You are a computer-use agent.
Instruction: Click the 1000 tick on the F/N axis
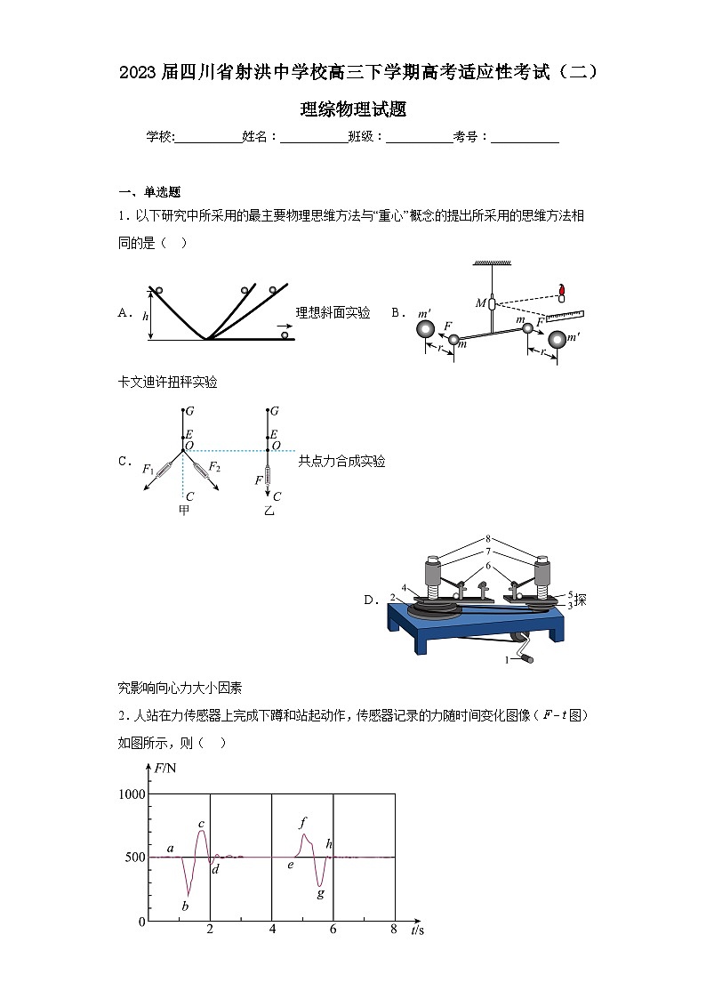pyautogui.click(x=132, y=794)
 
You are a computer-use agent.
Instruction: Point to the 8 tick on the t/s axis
pyautogui.click(x=393, y=930)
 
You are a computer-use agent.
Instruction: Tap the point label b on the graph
pyautogui.click(x=186, y=906)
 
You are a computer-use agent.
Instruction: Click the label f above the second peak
pyautogui.click(x=303, y=822)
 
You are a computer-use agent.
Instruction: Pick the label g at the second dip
pyautogui.click(x=321, y=892)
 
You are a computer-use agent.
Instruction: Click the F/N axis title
pyautogui.click(x=165, y=767)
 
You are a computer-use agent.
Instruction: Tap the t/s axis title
pyautogui.click(x=418, y=931)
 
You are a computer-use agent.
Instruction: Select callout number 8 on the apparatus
pyautogui.click(x=488, y=538)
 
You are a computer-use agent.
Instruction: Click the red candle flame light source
pyautogui.click(x=562, y=288)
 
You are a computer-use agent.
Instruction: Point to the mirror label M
pyautogui.click(x=480, y=303)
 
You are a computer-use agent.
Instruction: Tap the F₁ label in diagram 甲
pyautogui.click(x=148, y=469)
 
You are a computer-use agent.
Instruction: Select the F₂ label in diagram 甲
pyautogui.click(x=214, y=467)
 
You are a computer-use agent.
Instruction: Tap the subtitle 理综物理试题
pyautogui.click(x=353, y=109)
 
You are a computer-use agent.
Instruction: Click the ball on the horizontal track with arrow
pyautogui.click(x=285, y=335)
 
